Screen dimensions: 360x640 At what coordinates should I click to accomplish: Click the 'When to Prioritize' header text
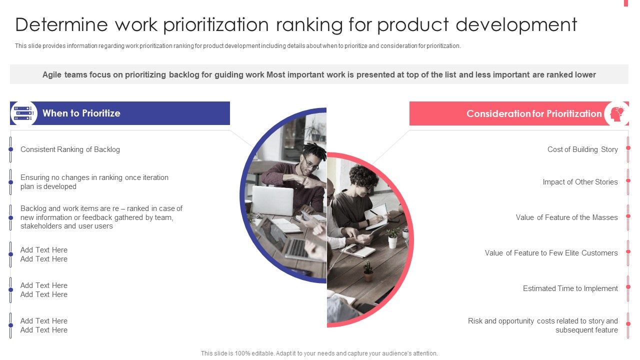click(81, 113)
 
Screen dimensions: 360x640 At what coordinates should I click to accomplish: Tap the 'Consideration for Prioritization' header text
click(533, 113)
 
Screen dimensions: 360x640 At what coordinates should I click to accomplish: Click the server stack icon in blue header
click(23, 113)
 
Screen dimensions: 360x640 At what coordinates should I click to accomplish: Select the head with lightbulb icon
click(616, 113)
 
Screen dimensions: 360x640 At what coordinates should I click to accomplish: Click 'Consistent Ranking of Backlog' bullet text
click(70, 149)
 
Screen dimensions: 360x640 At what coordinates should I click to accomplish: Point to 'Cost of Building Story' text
click(582, 149)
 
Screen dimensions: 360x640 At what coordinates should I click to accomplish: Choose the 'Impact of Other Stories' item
click(580, 182)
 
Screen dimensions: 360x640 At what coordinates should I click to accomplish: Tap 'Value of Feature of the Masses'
click(566, 217)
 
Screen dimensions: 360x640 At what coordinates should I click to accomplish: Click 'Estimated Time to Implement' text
click(570, 288)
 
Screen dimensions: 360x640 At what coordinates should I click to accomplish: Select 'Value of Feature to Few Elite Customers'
click(551, 253)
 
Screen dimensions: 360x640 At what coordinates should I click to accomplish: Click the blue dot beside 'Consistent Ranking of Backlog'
click(10, 149)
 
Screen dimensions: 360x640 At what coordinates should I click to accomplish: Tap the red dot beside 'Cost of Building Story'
click(628, 149)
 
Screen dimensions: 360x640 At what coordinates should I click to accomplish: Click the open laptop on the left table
click(272, 200)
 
